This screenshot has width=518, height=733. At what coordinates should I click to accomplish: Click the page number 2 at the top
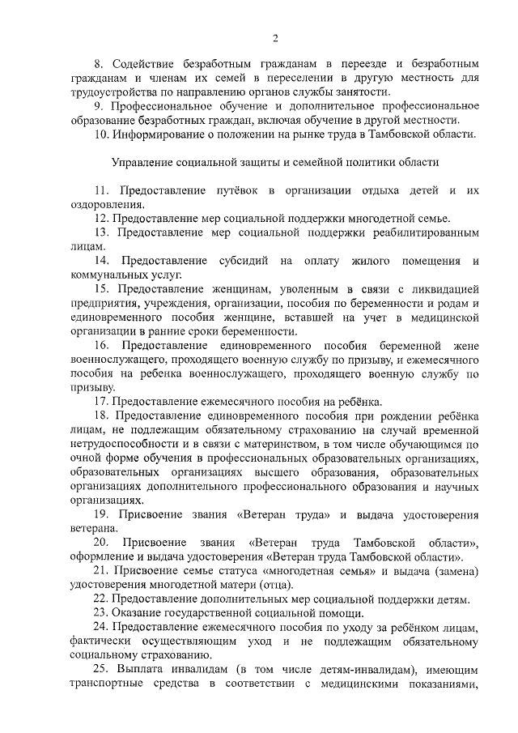[275, 38]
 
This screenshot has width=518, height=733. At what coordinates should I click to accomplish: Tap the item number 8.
[99, 62]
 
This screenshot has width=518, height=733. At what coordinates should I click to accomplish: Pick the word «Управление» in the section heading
[142, 162]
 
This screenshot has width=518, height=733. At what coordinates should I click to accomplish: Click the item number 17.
[101, 402]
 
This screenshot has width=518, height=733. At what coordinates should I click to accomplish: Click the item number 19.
[103, 515]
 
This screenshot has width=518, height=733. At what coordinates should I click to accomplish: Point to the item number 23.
[101, 614]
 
